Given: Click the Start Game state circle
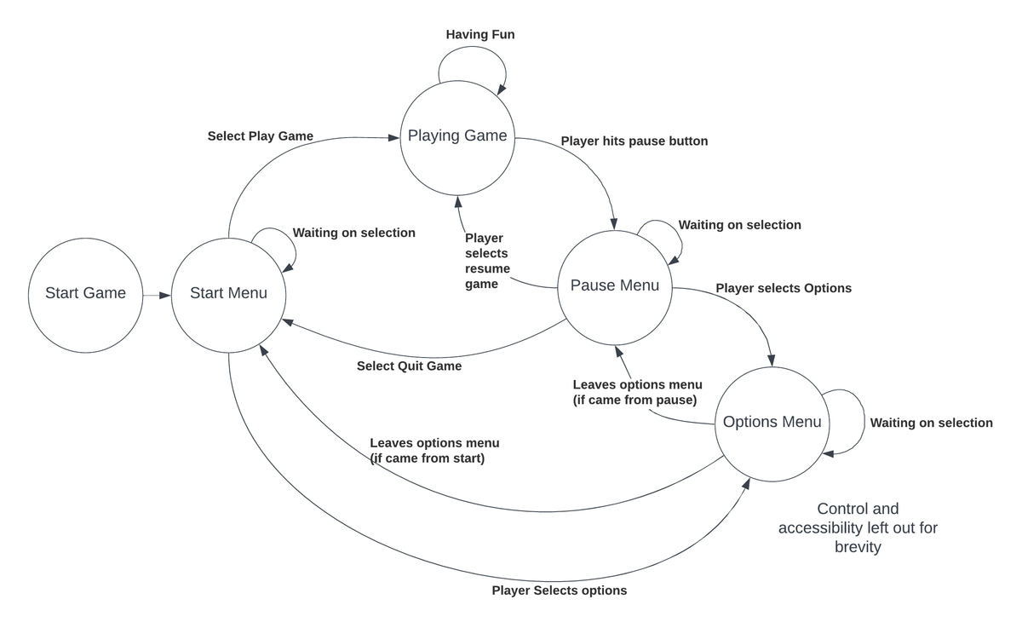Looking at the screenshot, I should pos(85,294).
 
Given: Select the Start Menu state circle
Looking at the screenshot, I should pos(228,294).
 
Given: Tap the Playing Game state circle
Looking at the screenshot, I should pos(457,136).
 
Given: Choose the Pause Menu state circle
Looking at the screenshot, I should pos(614,286).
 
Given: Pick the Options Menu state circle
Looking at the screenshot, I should pos(772,423).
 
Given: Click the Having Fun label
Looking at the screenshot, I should pos(480,35).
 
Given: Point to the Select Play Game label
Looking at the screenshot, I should pos(260,136).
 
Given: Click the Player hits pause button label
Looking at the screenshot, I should pos(634,141).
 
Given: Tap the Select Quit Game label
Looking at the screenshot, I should pos(409,366).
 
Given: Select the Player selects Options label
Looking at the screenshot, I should pos(784,289).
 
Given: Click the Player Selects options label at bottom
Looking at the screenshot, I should pos(559,591).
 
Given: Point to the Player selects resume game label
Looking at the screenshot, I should pos(487,261).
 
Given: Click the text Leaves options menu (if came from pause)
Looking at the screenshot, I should pos(637,392).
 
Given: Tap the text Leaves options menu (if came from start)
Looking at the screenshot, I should pos(434,451).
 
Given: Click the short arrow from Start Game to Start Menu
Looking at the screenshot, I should pos(157,296).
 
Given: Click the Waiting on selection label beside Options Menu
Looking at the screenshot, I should pos(931,423).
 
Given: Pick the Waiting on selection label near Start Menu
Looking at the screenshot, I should pos(353,233).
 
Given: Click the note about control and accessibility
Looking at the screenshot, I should pos(857,527).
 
